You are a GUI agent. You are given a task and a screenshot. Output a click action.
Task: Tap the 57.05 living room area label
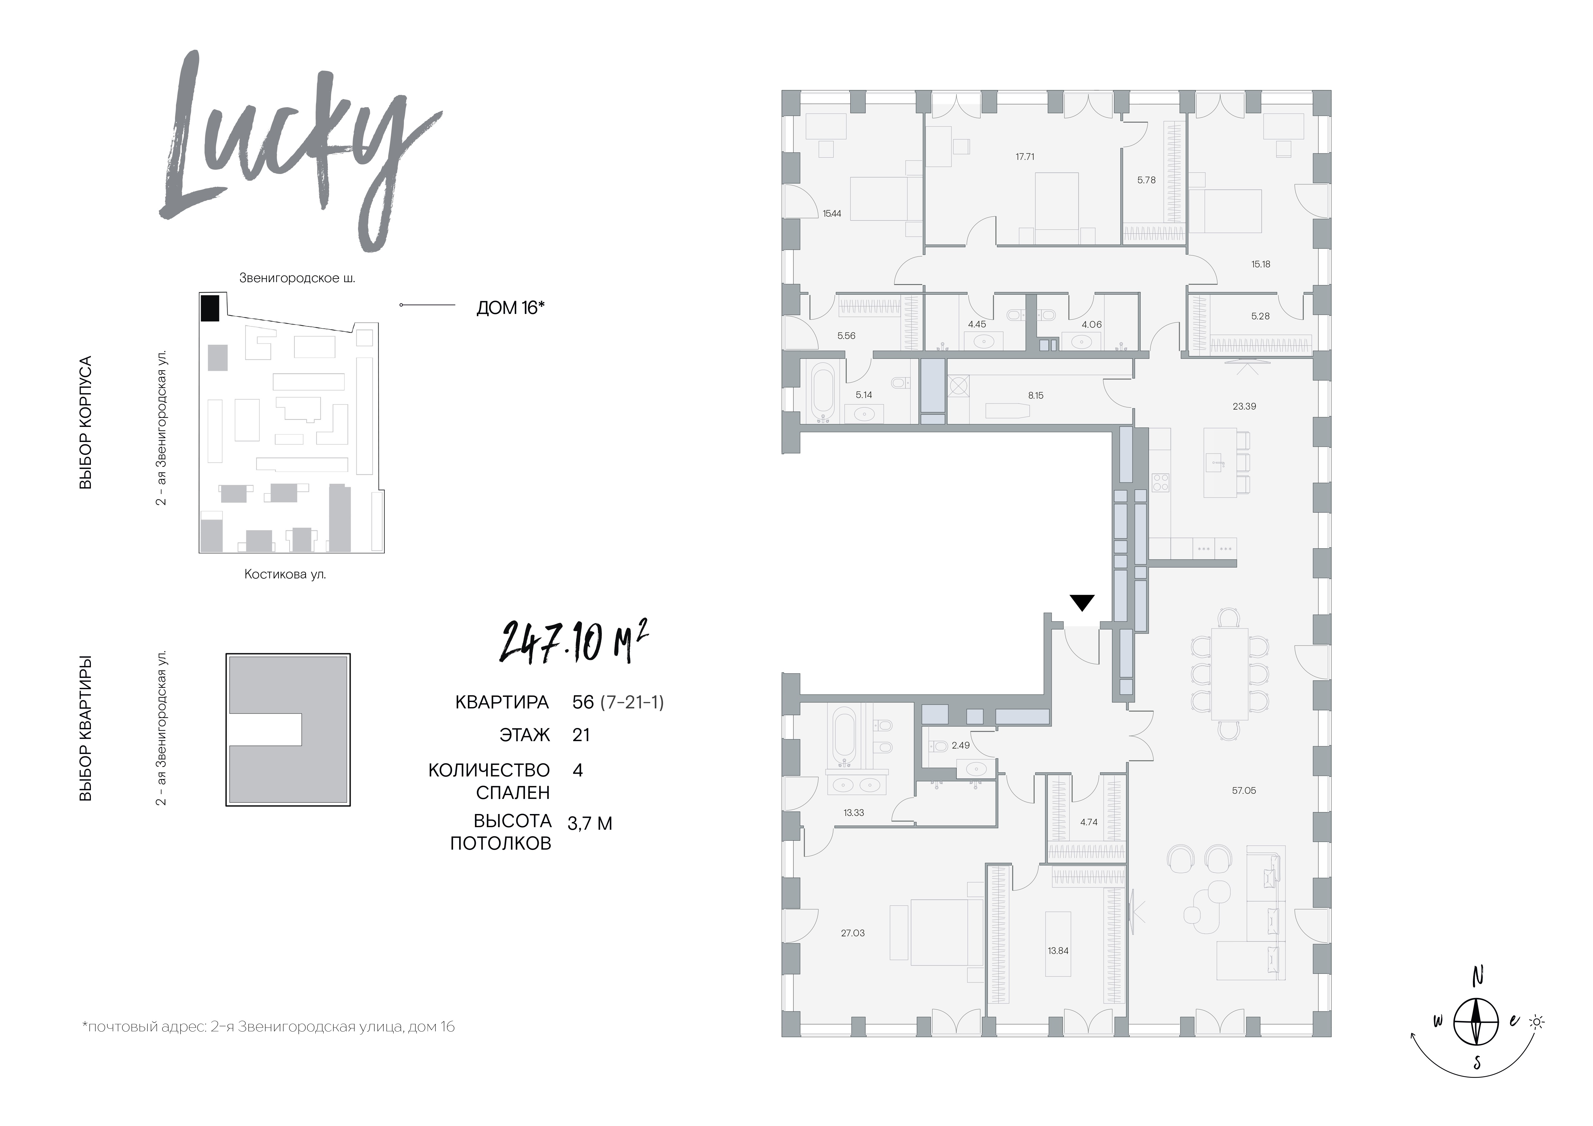[x=1244, y=791]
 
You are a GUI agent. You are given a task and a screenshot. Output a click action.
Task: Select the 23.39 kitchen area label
[x=1244, y=406]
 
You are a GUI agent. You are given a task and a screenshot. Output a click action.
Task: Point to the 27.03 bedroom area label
[x=853, y=933]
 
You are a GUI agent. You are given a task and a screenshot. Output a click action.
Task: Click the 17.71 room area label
[x=1025, y=157]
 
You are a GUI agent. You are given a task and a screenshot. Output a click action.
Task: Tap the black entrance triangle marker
[x=1082, y=602]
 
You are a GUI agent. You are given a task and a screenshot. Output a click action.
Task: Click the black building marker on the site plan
[x=210, y=308]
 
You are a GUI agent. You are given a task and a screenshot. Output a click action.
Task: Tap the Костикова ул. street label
[x=285, y=574]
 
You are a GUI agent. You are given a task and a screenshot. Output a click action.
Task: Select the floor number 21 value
[x=582, y=735]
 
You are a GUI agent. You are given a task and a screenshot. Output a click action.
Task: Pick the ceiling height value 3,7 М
[x=590, y=824]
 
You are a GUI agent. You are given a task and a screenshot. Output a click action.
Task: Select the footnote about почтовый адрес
[x=268, y=1027]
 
